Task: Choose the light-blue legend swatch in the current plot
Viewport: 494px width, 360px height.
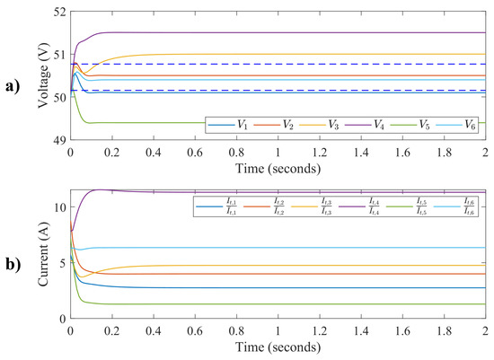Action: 444,211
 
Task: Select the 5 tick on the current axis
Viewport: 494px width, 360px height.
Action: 63,263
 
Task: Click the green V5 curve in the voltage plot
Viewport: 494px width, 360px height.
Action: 269,123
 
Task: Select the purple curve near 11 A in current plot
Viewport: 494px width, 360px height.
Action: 269,192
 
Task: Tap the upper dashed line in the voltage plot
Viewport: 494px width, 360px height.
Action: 269,65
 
